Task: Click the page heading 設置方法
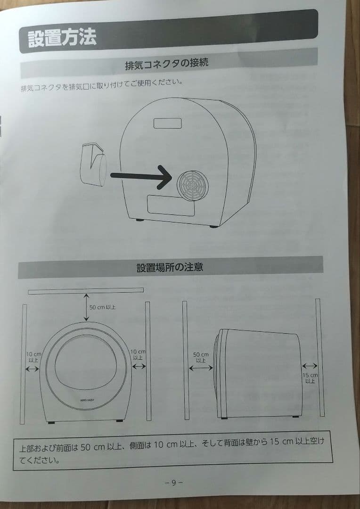click(62, 38)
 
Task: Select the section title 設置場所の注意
click(170, 267)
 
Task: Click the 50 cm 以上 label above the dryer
click(102, 307)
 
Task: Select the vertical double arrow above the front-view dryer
click(86, 307)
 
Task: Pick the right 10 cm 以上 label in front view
click(138, 354)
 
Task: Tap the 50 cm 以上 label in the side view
click(201, 357)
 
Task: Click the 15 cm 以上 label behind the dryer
click(310, 378)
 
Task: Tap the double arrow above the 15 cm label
click(310, 365)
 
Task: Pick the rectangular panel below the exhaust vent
click(171, 205)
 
